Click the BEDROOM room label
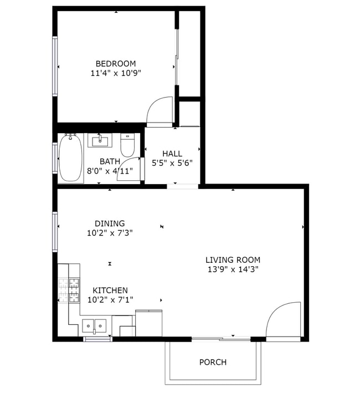[115, 64]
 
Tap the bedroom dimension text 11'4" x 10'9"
[115, 73]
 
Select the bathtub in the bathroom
[71, 157]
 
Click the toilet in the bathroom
[128, 145]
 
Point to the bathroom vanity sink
[100, 141]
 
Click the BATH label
[110, 161]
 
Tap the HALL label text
[172, 154]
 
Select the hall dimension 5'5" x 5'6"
[172, 163]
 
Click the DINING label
[109, 223]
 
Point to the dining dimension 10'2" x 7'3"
[109, 233]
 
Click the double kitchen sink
[94, 325]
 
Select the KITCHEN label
[110, 290]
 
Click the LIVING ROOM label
[233, 259]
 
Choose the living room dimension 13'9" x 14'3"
[233, 269]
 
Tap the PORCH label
[213, 362]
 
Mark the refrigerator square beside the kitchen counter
[148, 323]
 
